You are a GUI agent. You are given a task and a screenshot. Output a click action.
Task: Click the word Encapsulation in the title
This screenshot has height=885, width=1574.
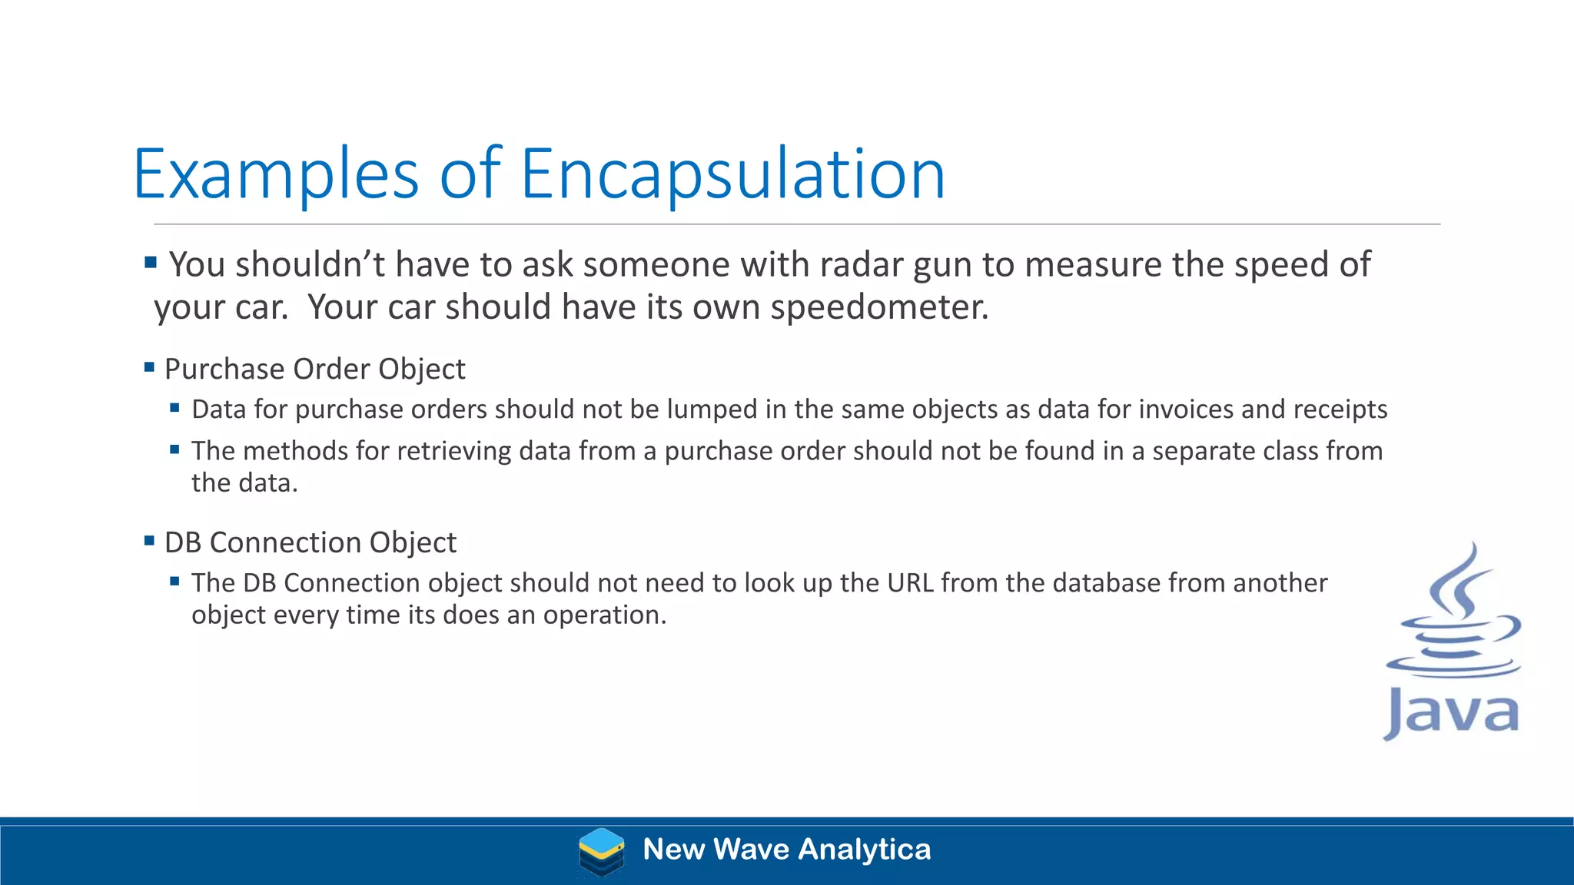click(732, 174)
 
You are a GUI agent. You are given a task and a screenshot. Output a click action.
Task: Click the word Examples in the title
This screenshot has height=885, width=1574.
click(276, 174)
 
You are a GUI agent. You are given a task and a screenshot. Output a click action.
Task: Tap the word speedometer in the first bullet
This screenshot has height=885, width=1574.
click(879, 307)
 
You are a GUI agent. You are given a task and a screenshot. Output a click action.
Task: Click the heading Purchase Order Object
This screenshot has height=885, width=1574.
click(314, 370)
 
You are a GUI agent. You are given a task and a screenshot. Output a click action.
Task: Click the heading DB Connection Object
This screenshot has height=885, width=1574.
click(310, 542)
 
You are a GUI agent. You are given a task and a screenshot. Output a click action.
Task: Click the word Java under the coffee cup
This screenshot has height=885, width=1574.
click(1452, 713)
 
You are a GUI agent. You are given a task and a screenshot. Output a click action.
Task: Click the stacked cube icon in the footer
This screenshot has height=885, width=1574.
click(601, 851)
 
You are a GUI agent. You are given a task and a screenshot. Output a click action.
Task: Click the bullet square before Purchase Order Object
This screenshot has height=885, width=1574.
click(150, 367)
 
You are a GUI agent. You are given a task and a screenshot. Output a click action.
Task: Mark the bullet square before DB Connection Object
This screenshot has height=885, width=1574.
click(150, 541)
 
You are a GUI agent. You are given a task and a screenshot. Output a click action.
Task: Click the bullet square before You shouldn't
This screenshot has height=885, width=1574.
click(151, 263)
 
